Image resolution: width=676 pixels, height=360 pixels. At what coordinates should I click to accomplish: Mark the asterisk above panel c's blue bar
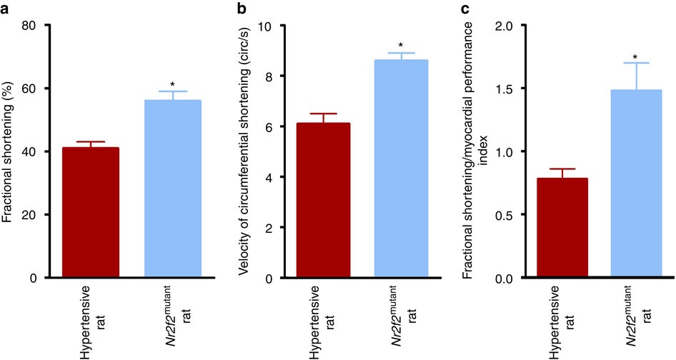634,56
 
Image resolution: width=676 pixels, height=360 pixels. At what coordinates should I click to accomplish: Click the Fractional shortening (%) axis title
9,151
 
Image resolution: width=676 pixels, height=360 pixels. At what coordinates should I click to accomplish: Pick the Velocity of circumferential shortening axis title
244,151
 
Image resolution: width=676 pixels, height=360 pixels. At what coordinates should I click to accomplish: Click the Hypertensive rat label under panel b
323,319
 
